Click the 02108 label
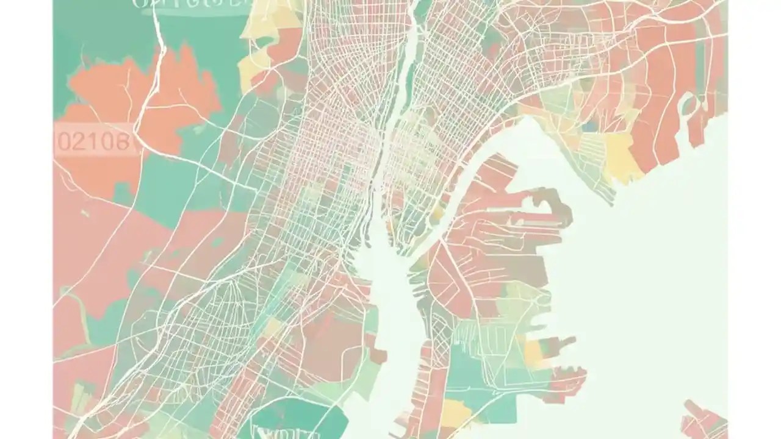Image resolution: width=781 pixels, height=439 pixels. [x=93, y=141]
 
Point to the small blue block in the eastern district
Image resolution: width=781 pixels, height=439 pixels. [x=589, y=127]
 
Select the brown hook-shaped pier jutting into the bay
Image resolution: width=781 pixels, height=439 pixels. [x=552, y=204]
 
